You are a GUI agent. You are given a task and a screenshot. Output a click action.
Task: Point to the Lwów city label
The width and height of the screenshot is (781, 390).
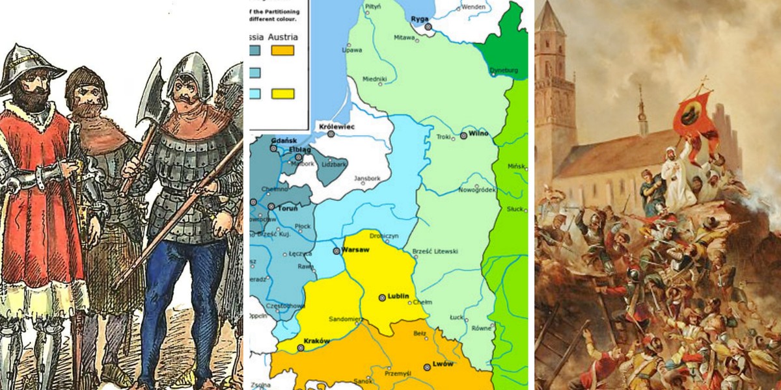click(443, 364)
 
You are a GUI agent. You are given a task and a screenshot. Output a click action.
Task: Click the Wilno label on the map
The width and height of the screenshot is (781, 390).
click(478, 134)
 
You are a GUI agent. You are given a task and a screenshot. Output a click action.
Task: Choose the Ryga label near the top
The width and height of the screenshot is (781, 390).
click(420, 19)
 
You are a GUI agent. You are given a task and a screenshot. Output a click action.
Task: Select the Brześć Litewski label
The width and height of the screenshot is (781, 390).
click(435, 251)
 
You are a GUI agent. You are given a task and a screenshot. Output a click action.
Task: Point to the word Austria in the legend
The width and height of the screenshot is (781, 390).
click(283, 37)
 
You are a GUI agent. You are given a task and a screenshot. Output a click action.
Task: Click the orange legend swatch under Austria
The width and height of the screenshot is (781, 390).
click(283, 50)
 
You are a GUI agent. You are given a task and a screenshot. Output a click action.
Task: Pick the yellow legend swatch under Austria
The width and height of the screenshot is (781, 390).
click(283, 94)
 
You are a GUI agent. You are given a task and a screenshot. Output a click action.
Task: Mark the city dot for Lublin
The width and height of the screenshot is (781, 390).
click(382, 298)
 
